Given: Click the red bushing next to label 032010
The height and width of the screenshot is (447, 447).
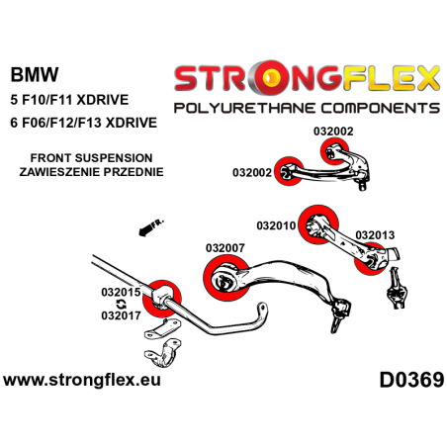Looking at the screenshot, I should (320, 221).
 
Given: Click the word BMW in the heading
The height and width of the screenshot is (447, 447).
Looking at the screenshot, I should (35, 74).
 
